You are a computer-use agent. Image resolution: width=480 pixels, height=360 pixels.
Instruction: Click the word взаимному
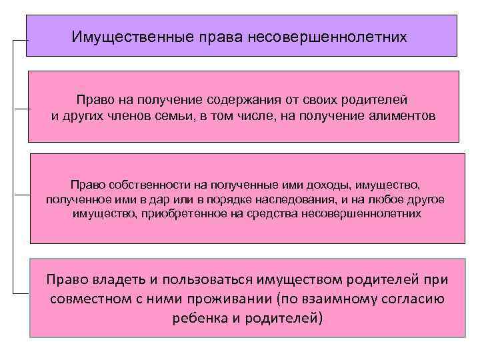pyautogui.click(x=330, y=298)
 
